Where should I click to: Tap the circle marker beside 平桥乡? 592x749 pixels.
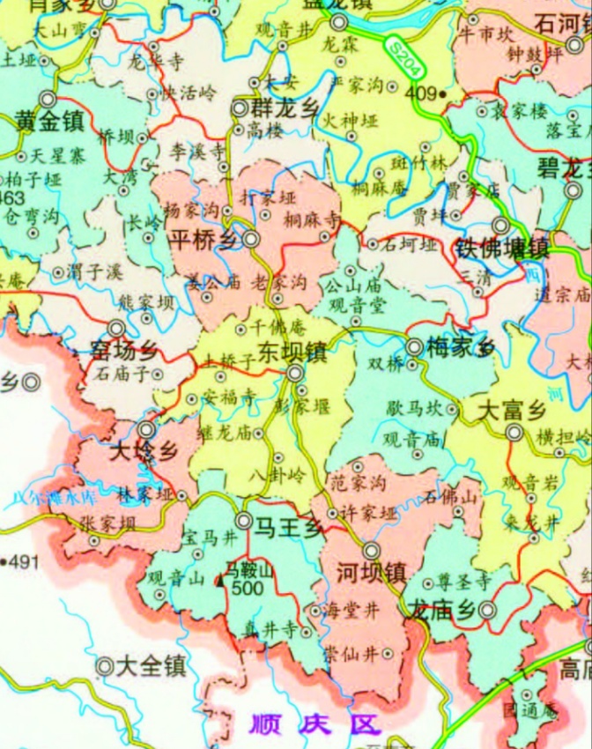tap(251, 239)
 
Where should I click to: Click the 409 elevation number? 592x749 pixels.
tap(418, 91)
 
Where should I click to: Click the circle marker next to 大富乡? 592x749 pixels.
tap(515, 432)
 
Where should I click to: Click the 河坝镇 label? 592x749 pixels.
tap(370, 573)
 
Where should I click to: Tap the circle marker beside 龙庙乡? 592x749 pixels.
tap(487, 611)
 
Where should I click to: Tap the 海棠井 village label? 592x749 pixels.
tap(338, 611)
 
